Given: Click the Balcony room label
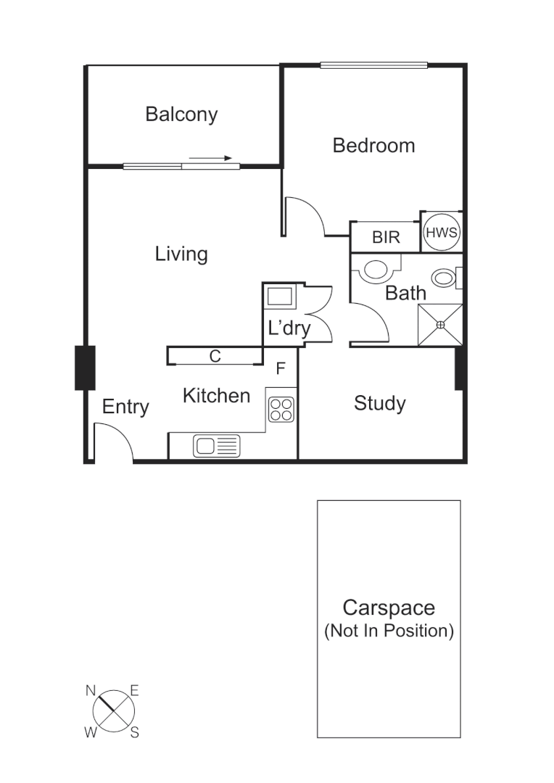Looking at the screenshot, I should [x=181, y=115].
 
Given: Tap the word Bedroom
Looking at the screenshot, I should [x=373, y=146].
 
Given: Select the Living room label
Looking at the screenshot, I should [x=181, y=254].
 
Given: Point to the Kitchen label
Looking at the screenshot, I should [x=216, y=396].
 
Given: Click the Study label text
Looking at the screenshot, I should [x=379, y=403].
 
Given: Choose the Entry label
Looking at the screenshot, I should [x=125, y=407].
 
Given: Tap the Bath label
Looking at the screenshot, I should [x=405, y=294].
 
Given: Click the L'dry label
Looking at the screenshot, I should [x=289, y=328].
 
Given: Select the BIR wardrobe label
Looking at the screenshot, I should [x=386, y=237].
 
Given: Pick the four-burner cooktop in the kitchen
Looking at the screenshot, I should [x=281, y=410].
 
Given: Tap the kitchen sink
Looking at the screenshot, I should [x=216, y=445].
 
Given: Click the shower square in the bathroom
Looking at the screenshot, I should [x=440, y=325].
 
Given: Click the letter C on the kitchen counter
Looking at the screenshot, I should [x=215, y=356].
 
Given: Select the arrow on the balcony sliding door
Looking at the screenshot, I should [x=215, y=158].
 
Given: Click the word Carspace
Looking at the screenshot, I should [x=389, y=607].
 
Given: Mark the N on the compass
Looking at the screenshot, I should [x=91, y=691].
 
